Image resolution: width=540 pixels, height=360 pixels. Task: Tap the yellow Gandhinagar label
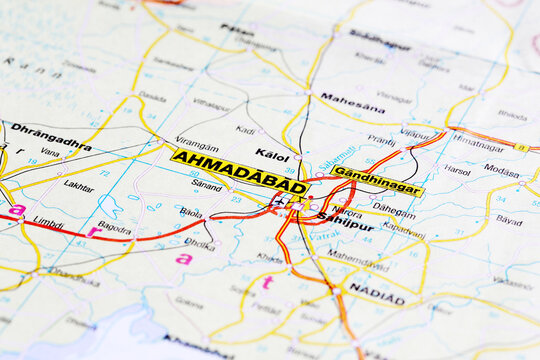[377, 181]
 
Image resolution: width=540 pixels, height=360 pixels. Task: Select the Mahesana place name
[352, 102]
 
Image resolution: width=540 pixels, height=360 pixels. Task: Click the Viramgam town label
[196, 143]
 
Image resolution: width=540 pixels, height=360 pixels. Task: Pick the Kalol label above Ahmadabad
[272, 155]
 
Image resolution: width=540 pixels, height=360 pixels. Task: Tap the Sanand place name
[206, 186]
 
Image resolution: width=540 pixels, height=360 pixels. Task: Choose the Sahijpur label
[345, 225]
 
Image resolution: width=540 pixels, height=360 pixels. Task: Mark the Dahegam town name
[394, 210]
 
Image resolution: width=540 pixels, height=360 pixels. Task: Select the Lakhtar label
[79, 186]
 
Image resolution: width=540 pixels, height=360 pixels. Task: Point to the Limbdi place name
[47, 221]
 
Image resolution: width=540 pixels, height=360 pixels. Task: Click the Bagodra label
[115, 228]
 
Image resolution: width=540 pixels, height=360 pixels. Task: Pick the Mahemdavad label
[358, 255]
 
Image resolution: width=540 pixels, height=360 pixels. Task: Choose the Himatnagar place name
[477, 143]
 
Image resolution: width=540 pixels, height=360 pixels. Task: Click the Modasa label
[501, 170]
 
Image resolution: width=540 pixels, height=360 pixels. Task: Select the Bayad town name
[509, 219]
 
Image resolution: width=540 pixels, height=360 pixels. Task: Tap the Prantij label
[381, 140]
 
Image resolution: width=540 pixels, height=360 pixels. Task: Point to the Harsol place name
[457, 170]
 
